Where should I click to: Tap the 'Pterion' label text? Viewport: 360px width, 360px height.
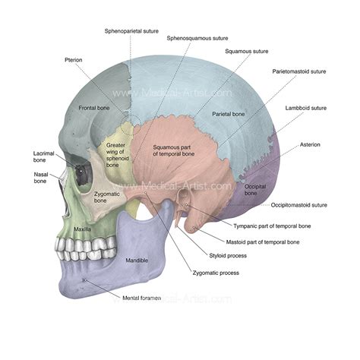(74, 58)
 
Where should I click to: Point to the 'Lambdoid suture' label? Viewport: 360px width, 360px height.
(305, 108)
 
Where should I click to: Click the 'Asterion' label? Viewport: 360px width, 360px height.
(310, 144)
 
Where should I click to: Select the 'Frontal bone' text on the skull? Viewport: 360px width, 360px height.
(95, 109)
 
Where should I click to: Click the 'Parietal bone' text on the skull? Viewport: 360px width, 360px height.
(228, 114)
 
